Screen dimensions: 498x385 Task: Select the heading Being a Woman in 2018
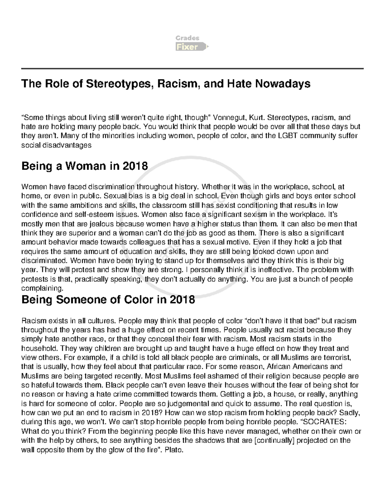[84, 166]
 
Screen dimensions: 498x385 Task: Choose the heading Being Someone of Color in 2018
[108, 300]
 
